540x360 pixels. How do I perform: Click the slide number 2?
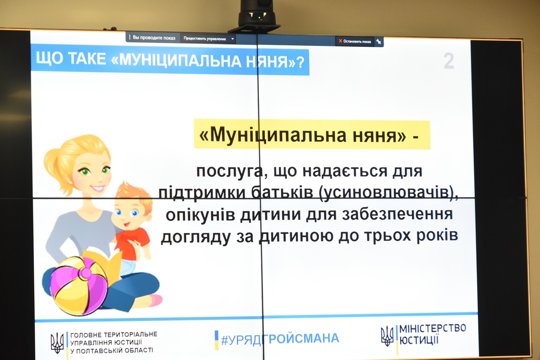click(x=449, y=61)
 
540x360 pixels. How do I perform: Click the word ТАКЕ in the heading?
click(x=87, y=59)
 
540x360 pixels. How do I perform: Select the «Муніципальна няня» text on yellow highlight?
click(x=308, y=134)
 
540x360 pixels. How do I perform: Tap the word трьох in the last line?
click(x=390, y=236)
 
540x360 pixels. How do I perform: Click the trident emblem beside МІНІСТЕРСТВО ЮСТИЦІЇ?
click(x=387, y=336)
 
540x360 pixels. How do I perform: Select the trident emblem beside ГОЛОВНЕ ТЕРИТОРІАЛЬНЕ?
click(x=57, y=343)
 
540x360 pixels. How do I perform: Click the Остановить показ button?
click(x=354, y=41)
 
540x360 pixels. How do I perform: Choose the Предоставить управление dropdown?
click(x=208, y=38)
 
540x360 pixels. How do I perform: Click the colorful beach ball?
click(x=79, y=286)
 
